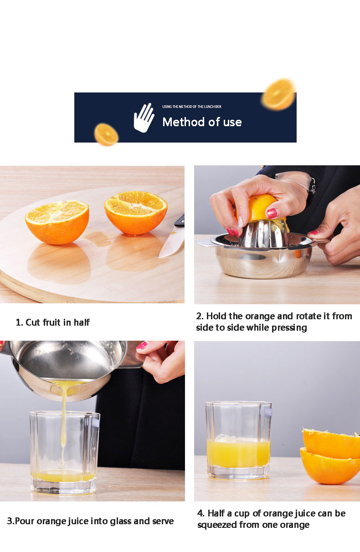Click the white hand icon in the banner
tap(144, 118)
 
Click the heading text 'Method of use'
tap(202, 122)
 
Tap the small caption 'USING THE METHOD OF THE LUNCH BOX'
tap(191, 107)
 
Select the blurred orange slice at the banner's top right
tap(278, 94)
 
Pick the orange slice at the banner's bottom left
tap(106, 134)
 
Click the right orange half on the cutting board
tap(136, 212)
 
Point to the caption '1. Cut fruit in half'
tap(53, 322)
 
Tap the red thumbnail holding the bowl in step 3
tap(142, 345)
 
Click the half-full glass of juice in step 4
tap(238, 440)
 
